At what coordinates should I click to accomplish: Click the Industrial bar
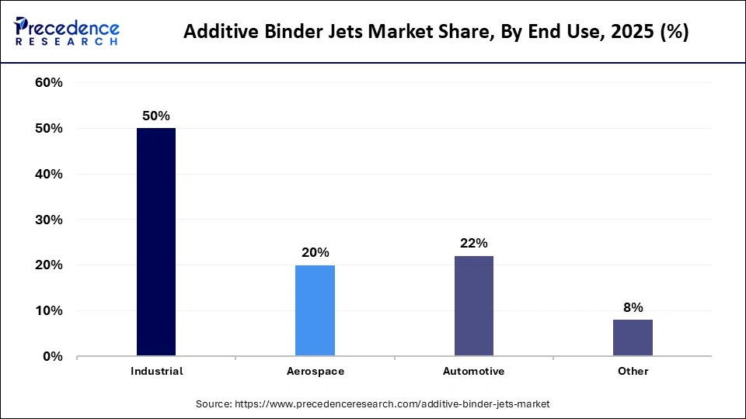pyautogui.click(x=156, y=242)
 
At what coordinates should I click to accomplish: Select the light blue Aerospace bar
pyautogui.click(x=315, y=310)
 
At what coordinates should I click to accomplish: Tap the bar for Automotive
pyautogui.click(x=473, y=306)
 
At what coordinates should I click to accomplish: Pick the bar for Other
pyautogui.click(x=633, y=338)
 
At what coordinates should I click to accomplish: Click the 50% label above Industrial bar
pyautogui.click(x=156, y=116)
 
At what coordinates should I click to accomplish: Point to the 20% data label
pyautogui.click(x=315, y=252)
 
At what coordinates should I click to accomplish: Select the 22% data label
pyautogui.click(x=473, y=243)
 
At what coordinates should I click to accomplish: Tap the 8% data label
pyautogui.click(x=633, y=307)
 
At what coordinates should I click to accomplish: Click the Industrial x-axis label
pyautogui.click(x=156, y=372)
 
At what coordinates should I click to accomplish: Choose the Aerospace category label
pyautogui.click(x=315, y=372)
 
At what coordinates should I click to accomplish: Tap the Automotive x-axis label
pyautogui.click(x=473, y=372)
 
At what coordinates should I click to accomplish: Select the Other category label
pyautogui.click(x=633, y=372)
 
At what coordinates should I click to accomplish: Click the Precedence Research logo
pyautogui.click(x=67, y=31)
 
